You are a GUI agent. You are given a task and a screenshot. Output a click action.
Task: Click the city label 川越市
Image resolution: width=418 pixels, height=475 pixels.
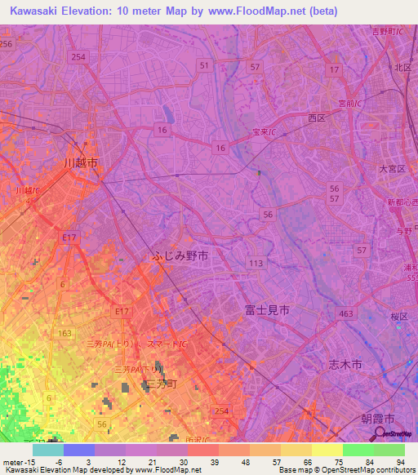pos(81,163)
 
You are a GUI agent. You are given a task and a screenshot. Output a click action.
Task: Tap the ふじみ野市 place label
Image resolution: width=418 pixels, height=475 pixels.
pos(180,255)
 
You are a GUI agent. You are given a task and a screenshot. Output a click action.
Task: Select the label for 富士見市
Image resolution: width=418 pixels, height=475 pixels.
pos(266,311)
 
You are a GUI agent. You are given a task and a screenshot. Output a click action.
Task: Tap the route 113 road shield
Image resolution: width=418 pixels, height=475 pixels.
pos(256,263)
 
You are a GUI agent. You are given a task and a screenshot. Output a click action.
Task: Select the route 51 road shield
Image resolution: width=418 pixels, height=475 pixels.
pos(204,64)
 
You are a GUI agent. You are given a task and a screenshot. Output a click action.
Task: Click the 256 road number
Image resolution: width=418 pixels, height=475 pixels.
pos(6,44)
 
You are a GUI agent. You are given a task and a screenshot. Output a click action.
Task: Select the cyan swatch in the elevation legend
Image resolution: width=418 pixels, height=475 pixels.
pos(48,450)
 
